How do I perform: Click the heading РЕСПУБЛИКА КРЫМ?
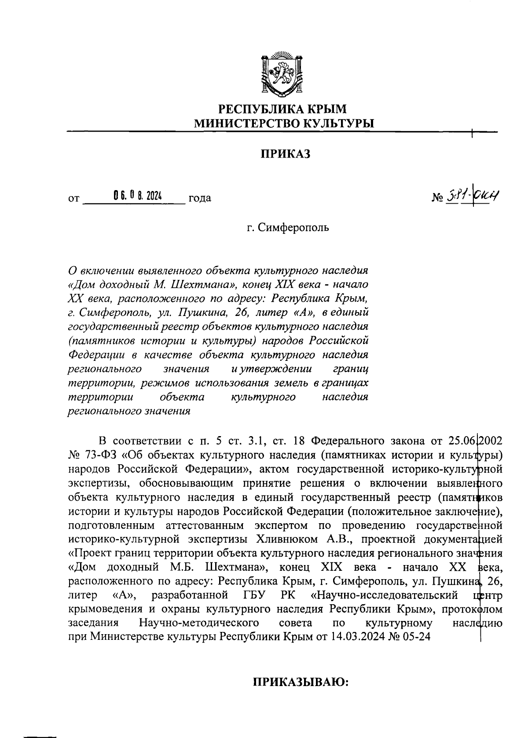point(283,108)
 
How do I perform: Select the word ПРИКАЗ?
point(284,154)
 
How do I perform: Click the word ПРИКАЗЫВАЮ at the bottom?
point(300,682)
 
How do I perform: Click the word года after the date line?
point(199,198)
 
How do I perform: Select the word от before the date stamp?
point(73,198)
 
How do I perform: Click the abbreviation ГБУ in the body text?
point(255,595)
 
